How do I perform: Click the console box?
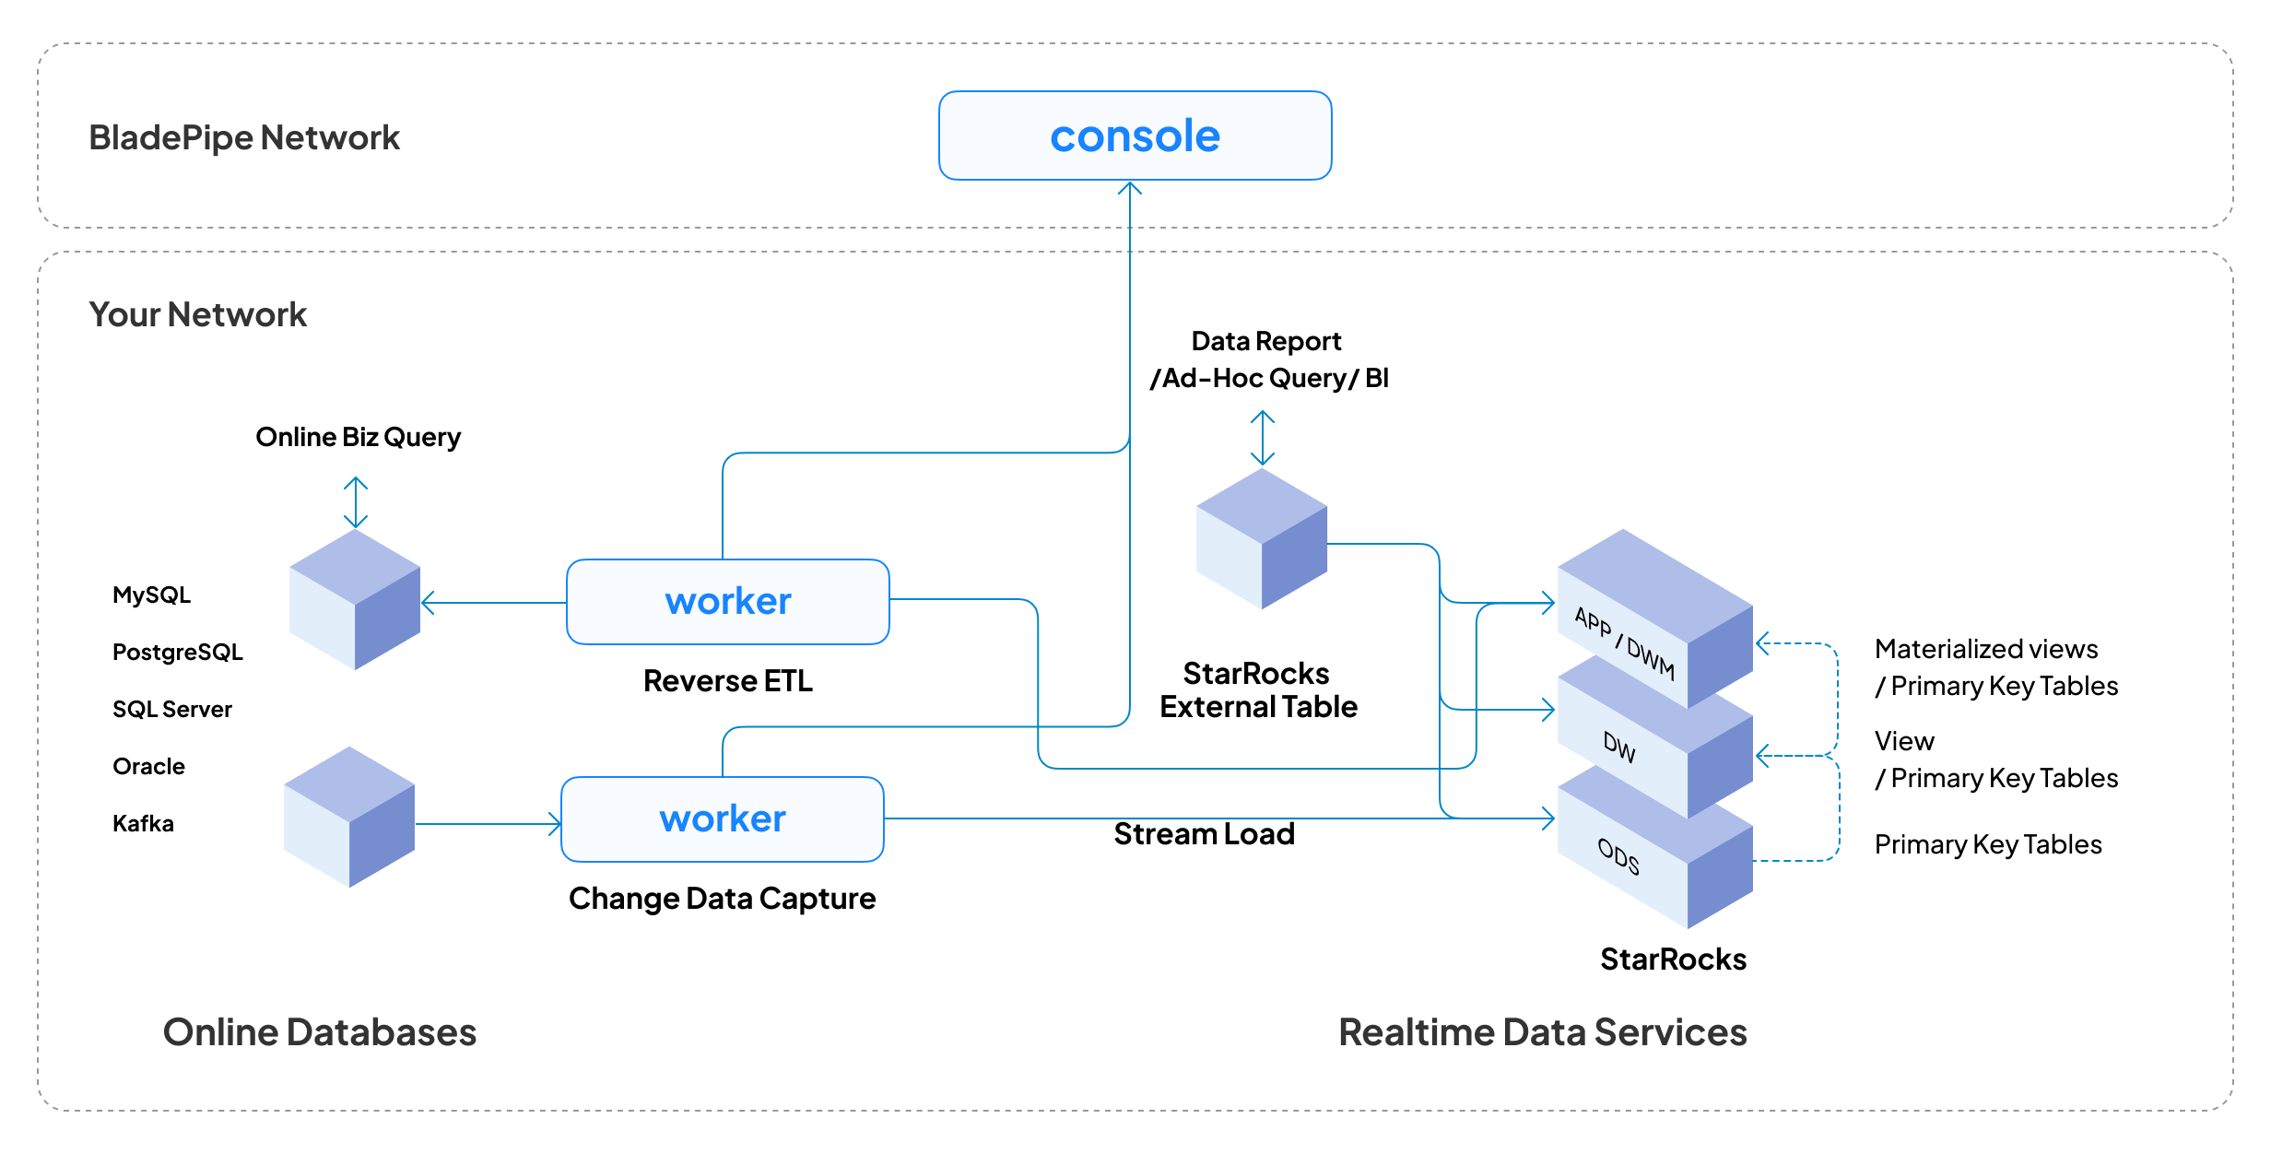pyautogui.click(x=1135, y=135)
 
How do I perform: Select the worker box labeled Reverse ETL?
pyautogui.click(x=727, y=601)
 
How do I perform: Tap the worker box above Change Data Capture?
pyautogui.click(x=722, y=818)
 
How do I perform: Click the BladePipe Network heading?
pyautogui.click(x=243, y=137)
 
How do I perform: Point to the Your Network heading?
pyautogui.click(x=197, y=314)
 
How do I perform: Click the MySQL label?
pyautogui.click(x=151, y=595)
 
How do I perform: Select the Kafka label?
pyautogui.click(x=143, y=823)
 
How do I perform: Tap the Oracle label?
pyautogui.click(x=148, y=766)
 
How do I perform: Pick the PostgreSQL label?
pyautogui.click(x=177, y=652)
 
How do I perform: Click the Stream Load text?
pyautogui.click(x=1204, y=833)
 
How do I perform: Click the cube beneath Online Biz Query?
pyautogui.click(x=355, y=599)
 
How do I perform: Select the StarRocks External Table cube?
pyautogui.click(x=1261, y=538)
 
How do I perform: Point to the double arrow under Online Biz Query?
pyautogui.click(x=356, y=502)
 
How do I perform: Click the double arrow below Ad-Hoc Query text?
pyautogui.click(x=1262, y=438)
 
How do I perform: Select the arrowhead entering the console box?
pyautogui.click(x=1130, y=188)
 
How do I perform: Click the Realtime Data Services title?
pyautogui.click(x=1542, y=1031)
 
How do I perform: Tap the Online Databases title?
pyautogui.click(x=319, y=1031)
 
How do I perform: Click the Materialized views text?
pyautogui.click(x=1985, y=649)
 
